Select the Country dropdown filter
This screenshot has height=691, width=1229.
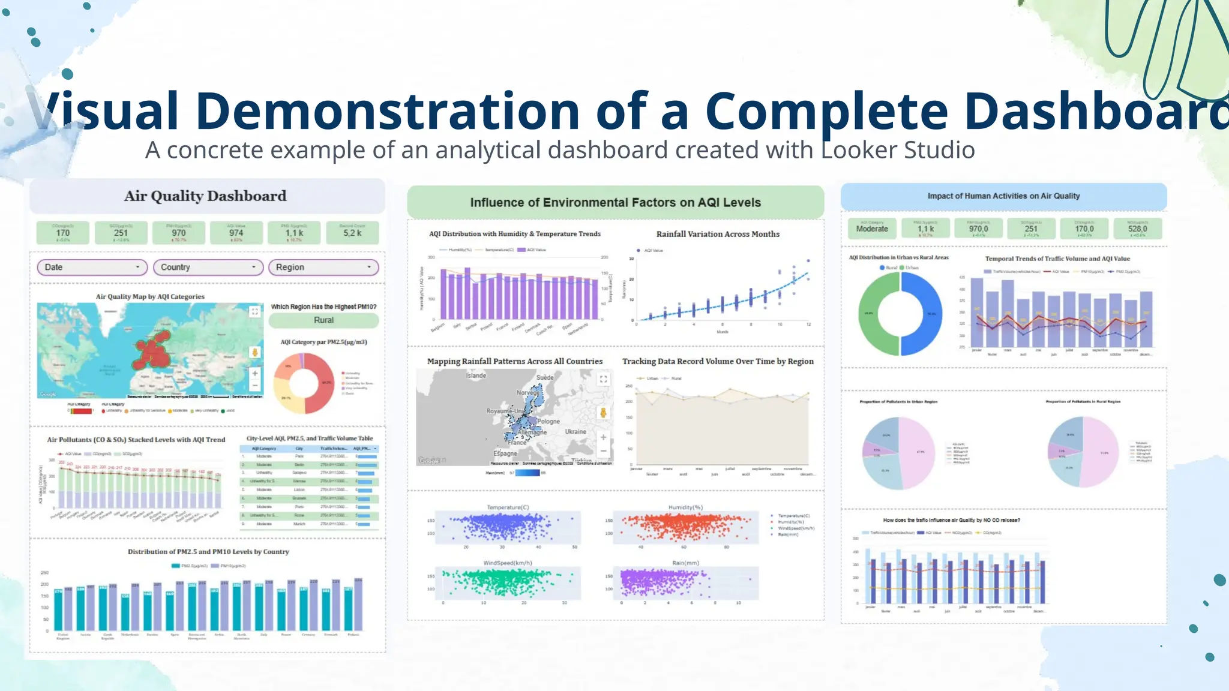(x=208, y=267)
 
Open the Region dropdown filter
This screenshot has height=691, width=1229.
(x=323, y=267)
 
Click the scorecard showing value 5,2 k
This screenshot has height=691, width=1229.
(x=352, y=233)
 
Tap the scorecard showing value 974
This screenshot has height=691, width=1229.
(x=236, y=233)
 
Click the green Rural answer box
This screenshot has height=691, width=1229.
(x=323, y=320)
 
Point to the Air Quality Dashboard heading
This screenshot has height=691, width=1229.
(x=205, y=196)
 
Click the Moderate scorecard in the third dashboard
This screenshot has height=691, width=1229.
(x=872, y=229)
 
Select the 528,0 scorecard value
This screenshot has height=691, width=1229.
(x=1137, y=229)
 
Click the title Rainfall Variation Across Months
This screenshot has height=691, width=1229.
(x=718, y=234)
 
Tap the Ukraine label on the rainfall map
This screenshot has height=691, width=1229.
(x=575, y=431)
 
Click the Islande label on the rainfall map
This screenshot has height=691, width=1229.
(x=476, y=375)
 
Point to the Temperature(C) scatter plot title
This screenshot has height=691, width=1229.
(x=508, y=507)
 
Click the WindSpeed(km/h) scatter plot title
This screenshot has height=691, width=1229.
(x=508, y=563)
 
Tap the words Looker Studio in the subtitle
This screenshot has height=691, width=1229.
(x=898, y=150)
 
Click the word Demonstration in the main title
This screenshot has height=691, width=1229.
(x=388, y=111)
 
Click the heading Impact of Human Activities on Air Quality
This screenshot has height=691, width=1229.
(x=1003, y=196)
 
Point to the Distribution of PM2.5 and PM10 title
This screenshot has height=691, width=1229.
(x=208, y=552)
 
